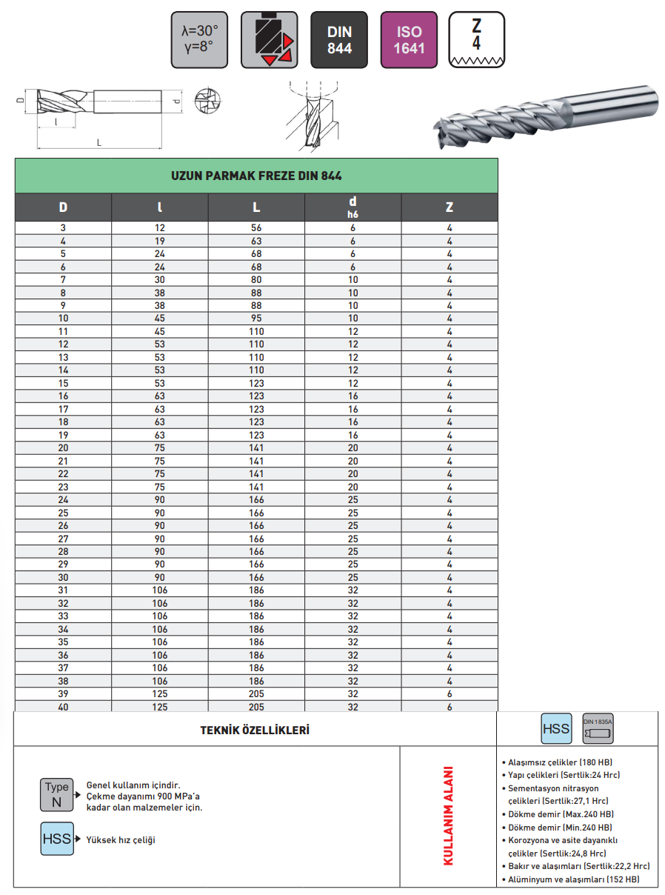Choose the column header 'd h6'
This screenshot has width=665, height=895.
coord(352,207)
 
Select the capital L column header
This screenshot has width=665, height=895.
coord(256,207)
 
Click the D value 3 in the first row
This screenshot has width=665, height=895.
coord(63,228)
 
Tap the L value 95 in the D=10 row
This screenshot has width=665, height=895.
coord(256,319)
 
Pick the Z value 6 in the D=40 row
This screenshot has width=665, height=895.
coord(450,707)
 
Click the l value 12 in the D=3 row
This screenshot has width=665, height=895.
coord(160,228)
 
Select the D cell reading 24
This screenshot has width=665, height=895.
coord(63,499)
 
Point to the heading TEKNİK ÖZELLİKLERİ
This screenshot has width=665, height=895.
coord(255,730)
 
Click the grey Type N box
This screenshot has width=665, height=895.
coord(56,794)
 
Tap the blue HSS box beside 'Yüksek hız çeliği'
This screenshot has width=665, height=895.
coord(56,839)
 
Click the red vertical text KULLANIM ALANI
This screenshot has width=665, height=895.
coord(448,816)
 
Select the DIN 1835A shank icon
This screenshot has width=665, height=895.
coord(598,729)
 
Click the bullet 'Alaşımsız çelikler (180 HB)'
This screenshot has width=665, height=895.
coord(560,762)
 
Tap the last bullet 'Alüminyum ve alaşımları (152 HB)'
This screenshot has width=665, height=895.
coord(573,879)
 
